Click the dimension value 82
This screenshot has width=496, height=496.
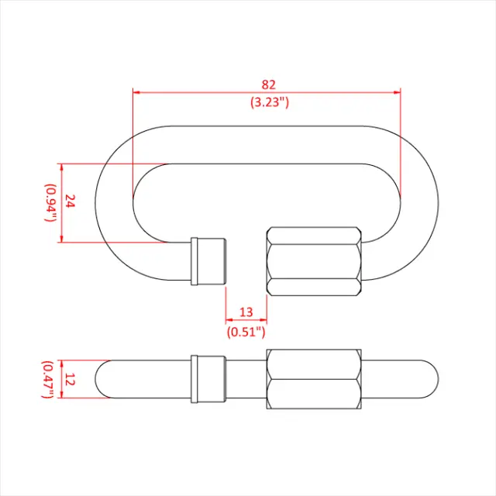pyautogui.click(x=269, y=84)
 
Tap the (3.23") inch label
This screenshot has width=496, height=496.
pyautogui.click(x=269, y=101)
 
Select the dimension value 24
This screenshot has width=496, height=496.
pyautogui.click(x=70, y=202)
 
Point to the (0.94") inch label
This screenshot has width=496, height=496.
pyautogui.click(x=50, y=203)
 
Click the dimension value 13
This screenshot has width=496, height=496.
pyautogui.click(x=246, y=312)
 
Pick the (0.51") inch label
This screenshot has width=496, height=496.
pyautogui.click(x=246, y=332)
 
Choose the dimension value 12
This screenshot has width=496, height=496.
pyautogui.click(x=70, y=379)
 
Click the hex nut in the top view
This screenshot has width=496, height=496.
pyautogui.click(x=313, y=261)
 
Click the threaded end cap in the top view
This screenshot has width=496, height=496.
pyautogui.click(x=208, y=260)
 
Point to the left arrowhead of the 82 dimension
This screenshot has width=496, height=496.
pyautogui.click(x=136, y=92)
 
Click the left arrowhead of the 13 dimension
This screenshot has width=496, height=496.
pyautogui.click(x=229, y=320)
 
